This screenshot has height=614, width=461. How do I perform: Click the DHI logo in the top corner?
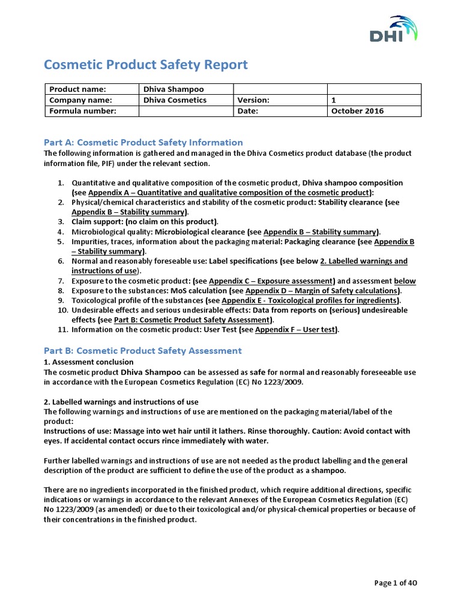[393, 30]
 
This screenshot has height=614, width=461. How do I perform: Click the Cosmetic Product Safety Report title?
[146, 65]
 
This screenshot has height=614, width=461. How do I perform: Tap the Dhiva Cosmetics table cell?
[175, 100]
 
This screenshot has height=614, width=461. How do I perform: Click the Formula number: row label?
[82, 111]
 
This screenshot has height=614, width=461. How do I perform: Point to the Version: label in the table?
[253, 100]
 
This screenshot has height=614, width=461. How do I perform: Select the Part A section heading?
[143, 142]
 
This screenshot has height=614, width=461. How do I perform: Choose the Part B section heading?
[143, 350]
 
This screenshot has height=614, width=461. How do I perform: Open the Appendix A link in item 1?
[229, 192]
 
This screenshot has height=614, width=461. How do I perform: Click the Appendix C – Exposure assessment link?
[271, 281]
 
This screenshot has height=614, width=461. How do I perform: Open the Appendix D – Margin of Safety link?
[322, 291]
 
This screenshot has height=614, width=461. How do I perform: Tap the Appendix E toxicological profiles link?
[310, 300]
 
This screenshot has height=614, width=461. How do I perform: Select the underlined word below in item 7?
[405, 281]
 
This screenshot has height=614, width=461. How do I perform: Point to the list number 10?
[63, 310]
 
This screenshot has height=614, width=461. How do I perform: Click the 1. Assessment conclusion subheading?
[89, 362]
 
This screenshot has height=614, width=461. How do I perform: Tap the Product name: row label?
[77, 89]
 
